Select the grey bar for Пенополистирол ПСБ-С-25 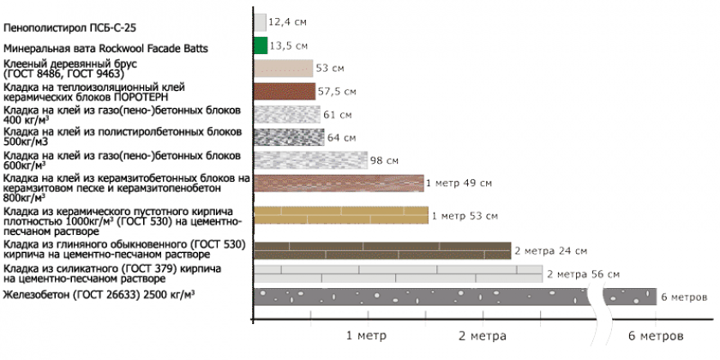[260, 22]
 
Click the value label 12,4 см [287, 20]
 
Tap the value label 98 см [384, 160]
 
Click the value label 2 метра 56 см [582, 274]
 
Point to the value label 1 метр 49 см [459, 183]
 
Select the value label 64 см [340, 137]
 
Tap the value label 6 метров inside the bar [683, 297]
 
